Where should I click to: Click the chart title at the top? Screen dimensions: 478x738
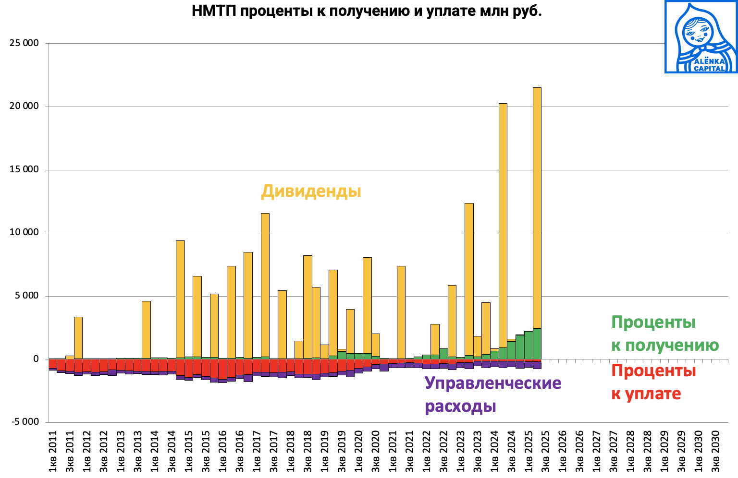[367, 11]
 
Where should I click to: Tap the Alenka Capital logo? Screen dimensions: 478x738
[701, 37]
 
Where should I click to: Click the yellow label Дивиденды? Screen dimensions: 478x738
[311, 191]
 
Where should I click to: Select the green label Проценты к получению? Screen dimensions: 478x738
[664, 333]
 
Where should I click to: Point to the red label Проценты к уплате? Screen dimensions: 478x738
[653, 382]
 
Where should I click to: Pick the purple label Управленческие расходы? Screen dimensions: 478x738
[493, 394]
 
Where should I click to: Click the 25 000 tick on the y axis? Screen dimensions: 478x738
[24, 43]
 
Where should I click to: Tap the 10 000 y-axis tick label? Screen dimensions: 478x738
[24, 233]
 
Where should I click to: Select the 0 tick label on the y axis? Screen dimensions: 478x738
[36, 359]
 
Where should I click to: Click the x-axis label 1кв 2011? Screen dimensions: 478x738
[53, 451]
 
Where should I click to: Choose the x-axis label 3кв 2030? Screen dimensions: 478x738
[715, 451]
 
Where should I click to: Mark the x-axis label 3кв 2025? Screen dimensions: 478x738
[545, 451]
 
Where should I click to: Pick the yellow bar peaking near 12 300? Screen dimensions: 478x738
[469, 278]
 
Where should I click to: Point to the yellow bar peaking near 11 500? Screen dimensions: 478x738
[265, 288]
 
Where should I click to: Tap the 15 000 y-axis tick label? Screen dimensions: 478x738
[24, 169]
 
